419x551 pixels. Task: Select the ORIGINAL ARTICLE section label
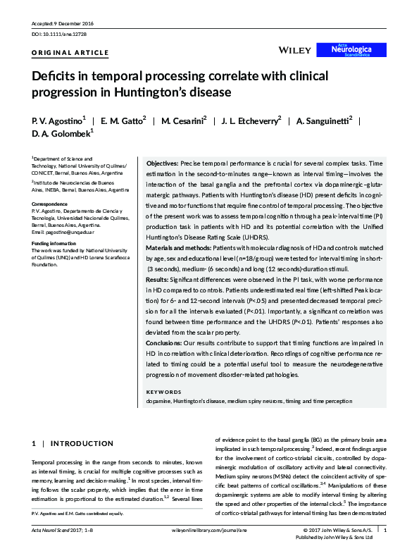coord(70,53)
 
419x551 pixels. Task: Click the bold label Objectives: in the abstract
coord(163,163)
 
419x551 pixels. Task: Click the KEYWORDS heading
coord(163,392)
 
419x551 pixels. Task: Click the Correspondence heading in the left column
coord(50,204)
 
